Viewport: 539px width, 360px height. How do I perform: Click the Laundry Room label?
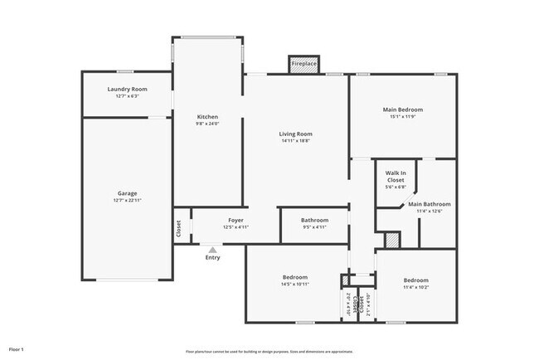(x=127, y=89)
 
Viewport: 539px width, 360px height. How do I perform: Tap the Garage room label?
(x=127, y=192)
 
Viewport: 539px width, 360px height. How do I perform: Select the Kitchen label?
(x=206, y=117)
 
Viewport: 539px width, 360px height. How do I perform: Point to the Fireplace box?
(x=303, y=64)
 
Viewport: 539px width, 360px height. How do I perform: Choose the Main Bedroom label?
(x=402, y=109)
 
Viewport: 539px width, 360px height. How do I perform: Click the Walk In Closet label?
(x=396, y=176)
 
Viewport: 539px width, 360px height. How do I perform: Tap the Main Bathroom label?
(x=430, y=204)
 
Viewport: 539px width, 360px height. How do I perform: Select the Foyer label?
(x=236, y=220)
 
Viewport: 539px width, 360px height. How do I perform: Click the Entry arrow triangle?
(x=213, y=249)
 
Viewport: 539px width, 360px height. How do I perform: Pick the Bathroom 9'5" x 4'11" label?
(x=314, y=220)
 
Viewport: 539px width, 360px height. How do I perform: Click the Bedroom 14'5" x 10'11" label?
(x=294, y=277)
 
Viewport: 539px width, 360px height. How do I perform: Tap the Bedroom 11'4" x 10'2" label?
(x=415, y=280)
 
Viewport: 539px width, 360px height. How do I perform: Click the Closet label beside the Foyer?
(x=178, y=228)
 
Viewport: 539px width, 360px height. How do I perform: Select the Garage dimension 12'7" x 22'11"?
(x=127, y=200)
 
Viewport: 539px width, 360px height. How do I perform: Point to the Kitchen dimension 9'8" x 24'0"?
(x=206, y=124)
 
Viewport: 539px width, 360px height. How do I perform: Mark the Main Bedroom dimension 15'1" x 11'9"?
(x=402, y=117)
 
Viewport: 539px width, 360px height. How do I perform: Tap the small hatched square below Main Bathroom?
(x=393, y=240)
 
